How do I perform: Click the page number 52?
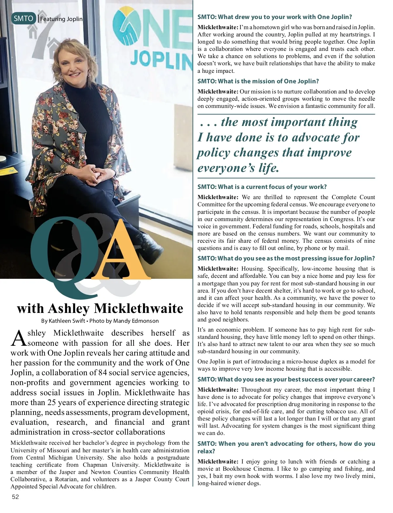[x=15, y=497]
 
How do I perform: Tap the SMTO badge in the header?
[x=24, y=18]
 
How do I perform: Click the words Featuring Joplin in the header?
[x=61, y=19]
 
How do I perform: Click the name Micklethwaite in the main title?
[x=139, y=308]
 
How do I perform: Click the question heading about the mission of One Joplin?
[x=258, y=81]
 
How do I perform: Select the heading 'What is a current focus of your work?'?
[x=262, y=187]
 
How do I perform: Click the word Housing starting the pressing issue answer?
[x=252, y=269]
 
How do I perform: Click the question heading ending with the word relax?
[x=286, y=447]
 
